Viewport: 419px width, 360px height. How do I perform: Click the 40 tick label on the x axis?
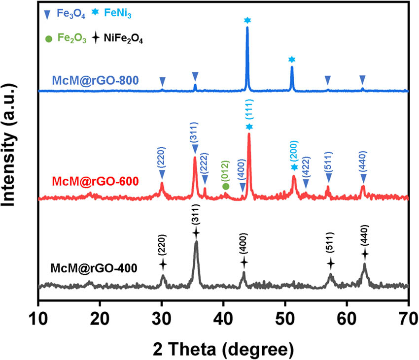coord(223,313)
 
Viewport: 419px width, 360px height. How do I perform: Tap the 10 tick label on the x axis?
coord(38,313)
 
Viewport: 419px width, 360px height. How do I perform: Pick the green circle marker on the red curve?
coord(226,186)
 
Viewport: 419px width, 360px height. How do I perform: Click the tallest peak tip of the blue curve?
coord(247,28)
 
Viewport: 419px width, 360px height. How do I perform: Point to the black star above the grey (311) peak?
coord(196,232)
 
